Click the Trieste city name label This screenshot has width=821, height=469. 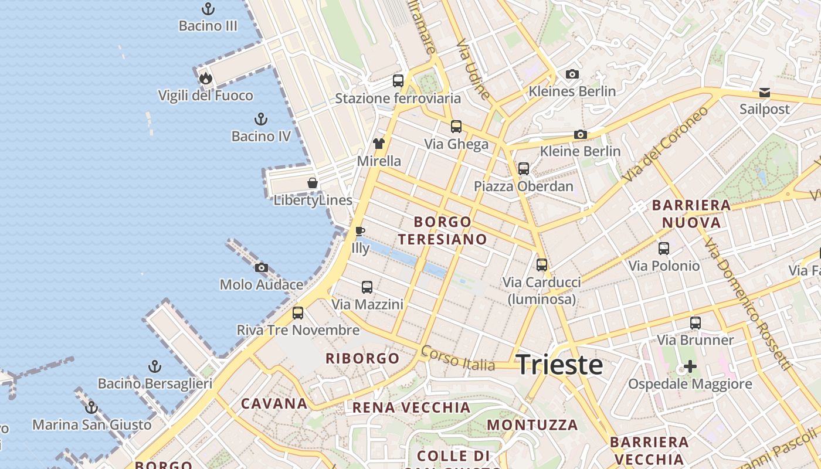[559, 365]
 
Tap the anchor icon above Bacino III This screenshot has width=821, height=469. [208, 9]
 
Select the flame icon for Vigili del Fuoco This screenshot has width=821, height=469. [205, 78]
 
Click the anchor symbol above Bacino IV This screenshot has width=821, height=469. [261, 120]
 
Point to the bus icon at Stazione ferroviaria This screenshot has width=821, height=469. [398, 81]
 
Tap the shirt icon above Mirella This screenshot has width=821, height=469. [379, 144]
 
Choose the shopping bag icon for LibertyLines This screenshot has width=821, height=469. [313, 183]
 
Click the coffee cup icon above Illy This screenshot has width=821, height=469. [360, 232]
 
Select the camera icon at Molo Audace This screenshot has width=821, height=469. [262, 268]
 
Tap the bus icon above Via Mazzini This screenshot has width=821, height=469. [367, 287]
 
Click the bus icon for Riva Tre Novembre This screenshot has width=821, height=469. [298, 313]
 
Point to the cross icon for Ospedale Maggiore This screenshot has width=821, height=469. [690, 367]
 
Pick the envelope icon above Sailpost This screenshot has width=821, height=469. [765, 93]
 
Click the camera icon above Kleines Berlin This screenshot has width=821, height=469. [572, 74]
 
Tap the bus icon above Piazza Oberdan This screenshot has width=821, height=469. [524, 169]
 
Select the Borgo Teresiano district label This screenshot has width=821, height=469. [443, 230]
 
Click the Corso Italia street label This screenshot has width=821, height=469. [458, 358]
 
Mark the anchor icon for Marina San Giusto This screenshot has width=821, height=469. [91, 407]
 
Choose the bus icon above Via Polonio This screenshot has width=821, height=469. [664, 249]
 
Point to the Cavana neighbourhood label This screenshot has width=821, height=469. [274, 403]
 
